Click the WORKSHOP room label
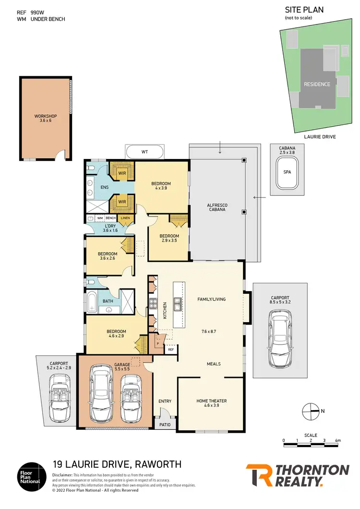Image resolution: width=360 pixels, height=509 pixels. click(46, 119)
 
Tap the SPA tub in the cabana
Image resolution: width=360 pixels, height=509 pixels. click(288, 172)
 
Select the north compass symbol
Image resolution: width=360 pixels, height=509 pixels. click(311, 411)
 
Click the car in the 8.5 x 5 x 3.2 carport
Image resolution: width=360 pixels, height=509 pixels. click(280, 338)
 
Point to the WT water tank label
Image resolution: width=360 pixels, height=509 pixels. click(144, 152)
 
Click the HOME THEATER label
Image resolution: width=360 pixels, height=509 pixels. click(211, 403)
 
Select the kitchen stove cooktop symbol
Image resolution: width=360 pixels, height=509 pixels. click(154, 303)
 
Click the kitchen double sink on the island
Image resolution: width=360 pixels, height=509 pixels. click(178, 303)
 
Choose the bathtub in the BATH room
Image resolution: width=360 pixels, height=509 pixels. click(92, 302)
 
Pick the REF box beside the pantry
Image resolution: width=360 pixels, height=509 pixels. click(170, 350)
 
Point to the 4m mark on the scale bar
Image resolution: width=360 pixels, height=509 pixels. click(338, 440)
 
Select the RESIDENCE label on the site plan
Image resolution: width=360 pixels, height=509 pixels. click(317, 84)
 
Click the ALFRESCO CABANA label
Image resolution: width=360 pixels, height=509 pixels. click(216, 208)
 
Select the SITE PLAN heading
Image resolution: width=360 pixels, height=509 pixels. click(304, 9)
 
